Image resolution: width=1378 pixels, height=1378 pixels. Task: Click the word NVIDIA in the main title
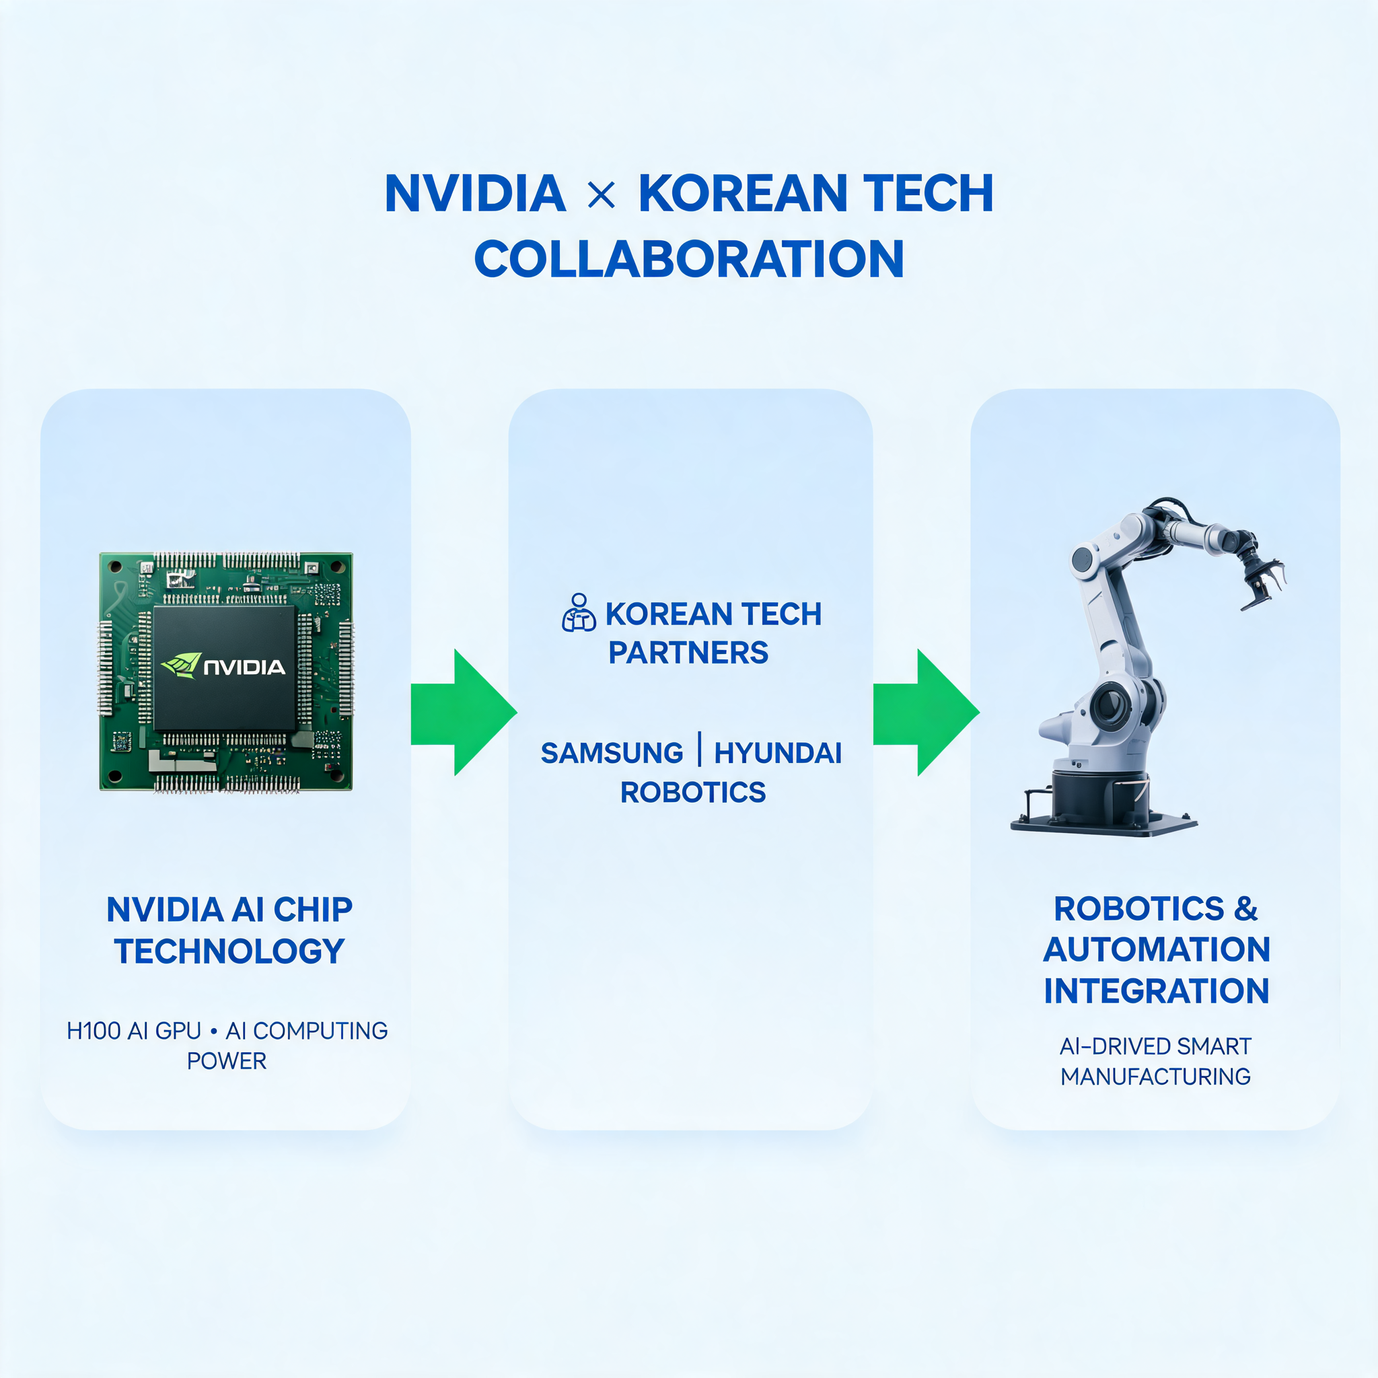click(475, 193)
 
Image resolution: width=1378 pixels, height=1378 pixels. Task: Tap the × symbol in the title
click(602, 194)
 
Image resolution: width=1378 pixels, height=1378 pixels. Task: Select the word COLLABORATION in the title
click(689, 258)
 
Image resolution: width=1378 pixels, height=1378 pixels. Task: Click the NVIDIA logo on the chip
click(223, 665)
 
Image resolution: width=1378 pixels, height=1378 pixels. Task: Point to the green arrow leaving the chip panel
click(464, 712)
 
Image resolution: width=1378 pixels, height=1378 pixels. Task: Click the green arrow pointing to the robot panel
click(926, 712)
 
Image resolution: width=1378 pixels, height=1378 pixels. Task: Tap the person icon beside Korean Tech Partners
click(579, 613)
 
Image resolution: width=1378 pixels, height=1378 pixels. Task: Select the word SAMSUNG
click(612, 753)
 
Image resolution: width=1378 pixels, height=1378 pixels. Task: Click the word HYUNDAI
click(778, 753)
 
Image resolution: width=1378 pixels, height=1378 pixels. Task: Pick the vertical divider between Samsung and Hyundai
click(699, 749)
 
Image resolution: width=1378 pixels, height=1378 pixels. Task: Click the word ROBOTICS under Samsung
click(692, 793)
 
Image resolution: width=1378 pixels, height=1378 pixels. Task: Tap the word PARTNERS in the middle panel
click(688, 653)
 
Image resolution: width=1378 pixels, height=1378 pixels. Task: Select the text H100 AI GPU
click(134, 1031)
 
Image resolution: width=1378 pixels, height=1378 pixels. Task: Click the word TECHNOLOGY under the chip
click(229, 951)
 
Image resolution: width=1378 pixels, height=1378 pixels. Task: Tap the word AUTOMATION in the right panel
click(1156, 949)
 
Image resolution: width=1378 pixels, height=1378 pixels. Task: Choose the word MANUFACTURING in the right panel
click(1155, 1077)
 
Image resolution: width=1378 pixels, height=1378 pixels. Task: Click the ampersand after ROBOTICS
click(1245, 908)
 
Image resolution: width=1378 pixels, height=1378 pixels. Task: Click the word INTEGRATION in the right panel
click(1156, 990)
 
